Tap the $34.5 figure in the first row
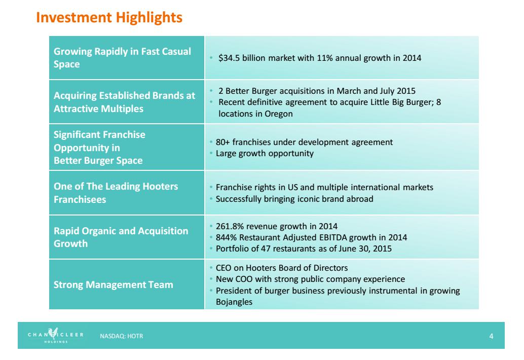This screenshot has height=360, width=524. tap(229, 58)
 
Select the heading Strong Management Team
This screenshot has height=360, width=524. tap(113, 284)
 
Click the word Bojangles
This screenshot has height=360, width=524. tap(234, 302)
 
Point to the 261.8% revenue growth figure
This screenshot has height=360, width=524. tap(229, 226)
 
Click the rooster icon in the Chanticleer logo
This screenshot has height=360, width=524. tap(52, 333)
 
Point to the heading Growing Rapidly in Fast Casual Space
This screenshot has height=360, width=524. tap(122, 58)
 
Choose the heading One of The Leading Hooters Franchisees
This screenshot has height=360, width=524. tap(116, 193)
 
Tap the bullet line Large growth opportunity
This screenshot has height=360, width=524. tap(265, 153)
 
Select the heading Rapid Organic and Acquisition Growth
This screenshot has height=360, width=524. tap(121, 237)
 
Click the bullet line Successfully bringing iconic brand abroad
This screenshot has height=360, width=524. tap(294, 199)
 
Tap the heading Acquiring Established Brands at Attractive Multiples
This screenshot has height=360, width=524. tap(124, 102)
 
